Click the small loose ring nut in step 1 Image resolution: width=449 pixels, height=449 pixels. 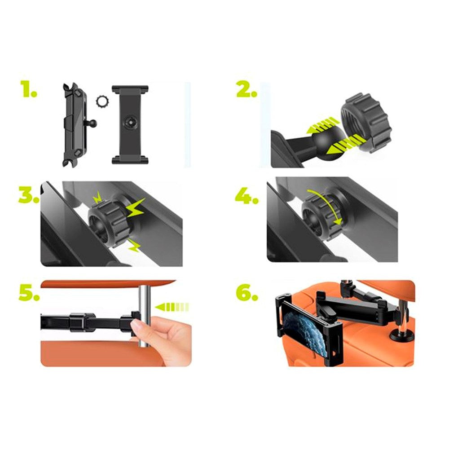coord(101,102)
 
